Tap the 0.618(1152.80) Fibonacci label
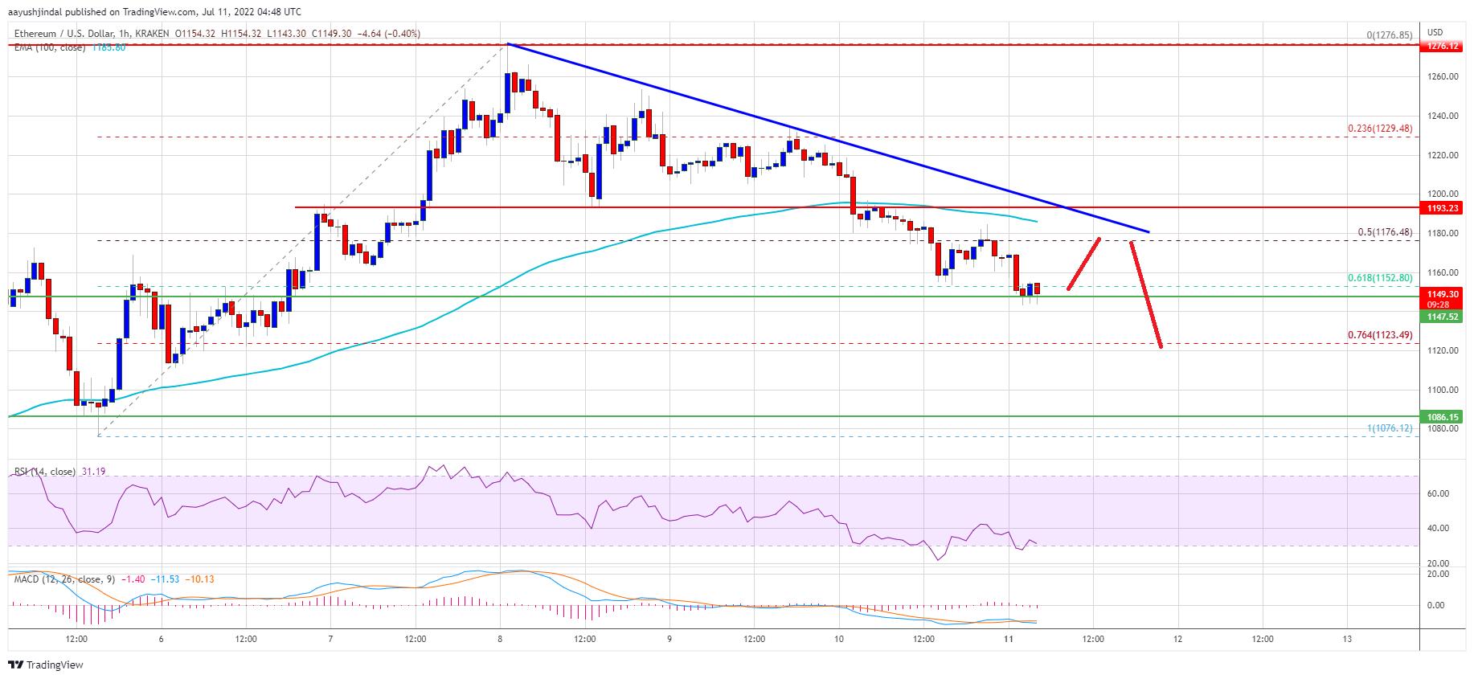[1380, 278]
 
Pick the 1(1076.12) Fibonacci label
[1390, 428]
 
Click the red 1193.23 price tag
[1443, 207]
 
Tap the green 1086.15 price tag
[1443, 417]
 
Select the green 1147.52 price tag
[1443, 317]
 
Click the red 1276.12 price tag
[1443, 47]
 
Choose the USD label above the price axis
[1435, 32]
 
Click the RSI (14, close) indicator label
[45, 472]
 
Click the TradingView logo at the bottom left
[46, 665]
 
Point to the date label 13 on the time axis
[1347, 639]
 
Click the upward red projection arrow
[1083, 264]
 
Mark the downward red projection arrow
[1146, 294]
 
